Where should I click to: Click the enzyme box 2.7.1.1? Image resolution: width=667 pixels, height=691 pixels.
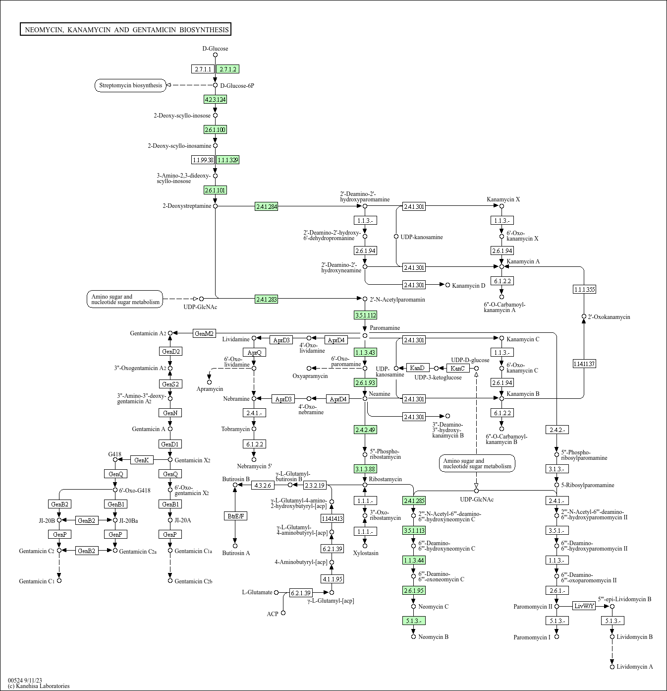[x=203, y=69]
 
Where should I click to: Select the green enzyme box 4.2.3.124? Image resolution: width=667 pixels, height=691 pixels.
[x=216, y=99]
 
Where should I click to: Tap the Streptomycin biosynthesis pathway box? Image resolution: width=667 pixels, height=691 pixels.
[x=130, y=86]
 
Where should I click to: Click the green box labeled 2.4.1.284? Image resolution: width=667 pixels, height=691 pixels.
[x=267, y=206]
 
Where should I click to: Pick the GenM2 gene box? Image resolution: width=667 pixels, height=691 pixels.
[x=204, y=333]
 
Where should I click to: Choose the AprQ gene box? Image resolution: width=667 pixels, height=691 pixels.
[x=254, y=352]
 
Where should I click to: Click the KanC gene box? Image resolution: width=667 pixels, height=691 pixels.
[x=458, y=368]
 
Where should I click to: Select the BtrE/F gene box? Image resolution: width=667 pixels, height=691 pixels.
[x=235, y=516]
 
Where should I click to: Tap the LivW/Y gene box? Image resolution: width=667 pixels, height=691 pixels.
[x=584, y=606]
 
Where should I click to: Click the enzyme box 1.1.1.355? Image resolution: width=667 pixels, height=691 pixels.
[x=584, y=289]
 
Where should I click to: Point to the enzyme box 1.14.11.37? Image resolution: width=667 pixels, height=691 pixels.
[x=584, y=364]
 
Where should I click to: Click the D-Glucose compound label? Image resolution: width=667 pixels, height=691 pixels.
[x=216, y=49]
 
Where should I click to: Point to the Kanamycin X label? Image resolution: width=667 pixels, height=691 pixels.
[x=503, y=199]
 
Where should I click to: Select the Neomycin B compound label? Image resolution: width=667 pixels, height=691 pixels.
[x=433, y=636]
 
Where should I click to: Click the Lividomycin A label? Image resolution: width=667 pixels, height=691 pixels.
[x=635, y=667]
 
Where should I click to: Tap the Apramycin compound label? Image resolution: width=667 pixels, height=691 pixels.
[x=210, y=389]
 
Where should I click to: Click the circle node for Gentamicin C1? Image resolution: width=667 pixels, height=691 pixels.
[x=59, y=580]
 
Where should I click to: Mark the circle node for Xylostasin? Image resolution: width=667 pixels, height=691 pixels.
[x=365, y=546]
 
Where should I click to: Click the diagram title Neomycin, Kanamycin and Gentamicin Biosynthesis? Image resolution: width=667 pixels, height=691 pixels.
[x=126, y=29]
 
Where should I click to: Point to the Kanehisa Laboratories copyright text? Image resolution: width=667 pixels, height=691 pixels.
[x=39, y=686]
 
